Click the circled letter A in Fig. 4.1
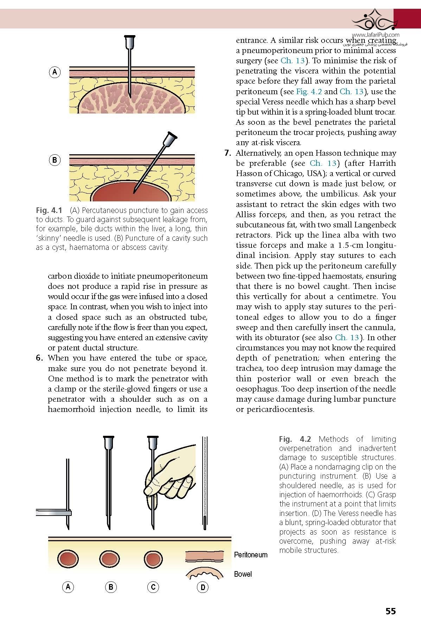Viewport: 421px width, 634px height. pyautogui.click(x=55, y=72)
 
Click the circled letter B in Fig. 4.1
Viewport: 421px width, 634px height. pyautogui.click(x=55, y=160)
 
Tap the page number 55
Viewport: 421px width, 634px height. pyautogui.click(x=390, y=611)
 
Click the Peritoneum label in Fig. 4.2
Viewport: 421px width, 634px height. pyautogui.click(x=251, y=555)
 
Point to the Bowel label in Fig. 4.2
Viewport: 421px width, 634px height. pyautogui.click(x=243, y=574)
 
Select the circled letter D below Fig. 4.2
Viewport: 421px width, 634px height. pyautogui.click(x=203, y=587)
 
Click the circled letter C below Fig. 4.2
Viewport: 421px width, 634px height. pyautogui.click(x=153, y=587)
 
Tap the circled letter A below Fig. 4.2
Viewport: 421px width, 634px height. pyautogui.click(x=68, y=587)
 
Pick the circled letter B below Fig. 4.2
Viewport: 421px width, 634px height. pyautogui.click(x=111, y=587)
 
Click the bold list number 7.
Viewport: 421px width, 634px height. pyautogui.click(x=228, y=153)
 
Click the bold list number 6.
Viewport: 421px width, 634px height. pyautogui.click(x=40, y=358)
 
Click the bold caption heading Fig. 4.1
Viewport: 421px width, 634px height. pyautogui.click(x=49, y=211)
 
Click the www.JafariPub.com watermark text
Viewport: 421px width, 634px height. pyautogui.click(x=375, y=35)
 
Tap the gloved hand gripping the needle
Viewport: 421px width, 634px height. pyautogui.click(x=172, y=474)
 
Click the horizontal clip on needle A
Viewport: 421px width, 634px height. pyautogui.click(x=53, y=513)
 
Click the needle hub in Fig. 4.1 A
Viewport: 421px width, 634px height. pyautogui.click(x=130, y=41)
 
